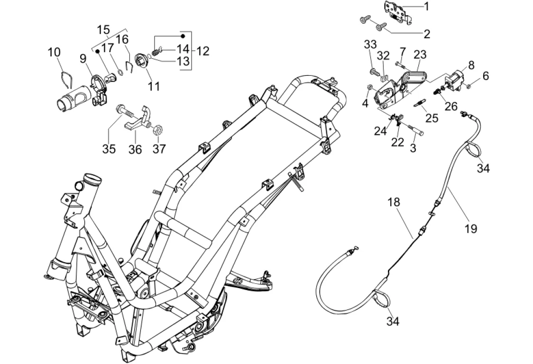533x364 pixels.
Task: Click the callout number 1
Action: click(426, 6)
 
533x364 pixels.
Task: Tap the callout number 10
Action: click(55, 52)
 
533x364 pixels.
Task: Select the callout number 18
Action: click(394, 202)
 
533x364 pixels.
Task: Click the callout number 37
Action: click(159, 149)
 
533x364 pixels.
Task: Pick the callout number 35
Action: click(109, 149)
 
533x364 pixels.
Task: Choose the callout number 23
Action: click(420, 54)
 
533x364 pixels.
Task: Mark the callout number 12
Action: click(202, 50)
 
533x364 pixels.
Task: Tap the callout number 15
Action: click(103, 30)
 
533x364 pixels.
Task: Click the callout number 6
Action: click(486, 75)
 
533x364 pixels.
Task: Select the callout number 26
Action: click(451, 106)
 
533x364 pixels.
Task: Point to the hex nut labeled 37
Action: click(160, 128)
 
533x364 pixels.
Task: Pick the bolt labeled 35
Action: click(126, 113)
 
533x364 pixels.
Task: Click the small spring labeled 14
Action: click(155, 50)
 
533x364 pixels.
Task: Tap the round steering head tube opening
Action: click(92, 181)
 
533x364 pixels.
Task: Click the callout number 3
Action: click(413, 148)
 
